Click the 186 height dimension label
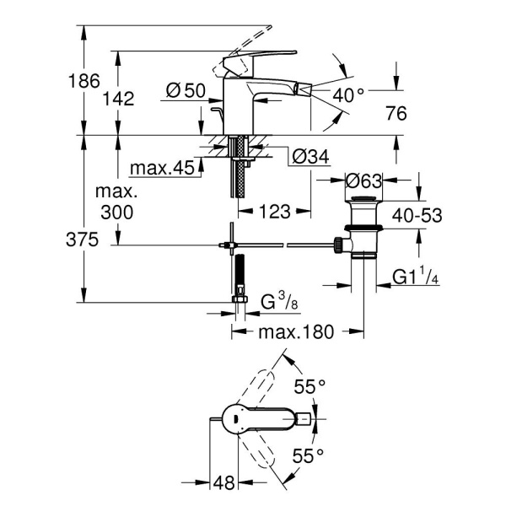coord(84,82)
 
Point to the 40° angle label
coord(348,95)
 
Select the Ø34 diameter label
coord(309,157)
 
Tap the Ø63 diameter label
coord(365,180)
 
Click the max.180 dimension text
coord(296,331)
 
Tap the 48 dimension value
coord(223,482)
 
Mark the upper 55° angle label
coord(310,387)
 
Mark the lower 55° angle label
coord(310,456)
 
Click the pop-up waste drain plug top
coord(363,200)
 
